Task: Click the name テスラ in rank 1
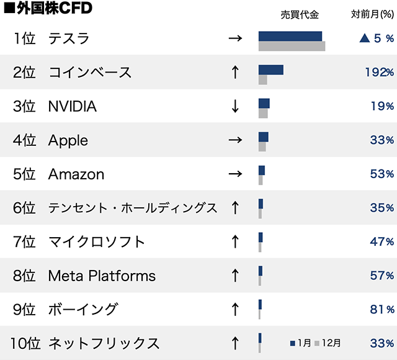[69, 38]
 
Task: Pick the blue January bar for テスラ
[290, 35]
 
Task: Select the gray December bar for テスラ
[292, 46]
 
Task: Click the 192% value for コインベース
[378, 72]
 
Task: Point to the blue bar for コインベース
[270, 70]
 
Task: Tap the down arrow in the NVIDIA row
[234, 106]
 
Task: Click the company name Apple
[68, 140]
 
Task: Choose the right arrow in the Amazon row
[234, 174]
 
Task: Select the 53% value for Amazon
[381, 174]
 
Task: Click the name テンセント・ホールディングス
[133, 208]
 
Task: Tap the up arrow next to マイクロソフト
[234, 241]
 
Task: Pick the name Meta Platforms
[102, 275]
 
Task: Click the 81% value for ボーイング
[381, 309]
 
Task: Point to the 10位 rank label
[25, 343]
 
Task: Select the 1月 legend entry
[301, 343]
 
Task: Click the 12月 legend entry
[328, 343]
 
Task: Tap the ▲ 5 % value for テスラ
[377, 38]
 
